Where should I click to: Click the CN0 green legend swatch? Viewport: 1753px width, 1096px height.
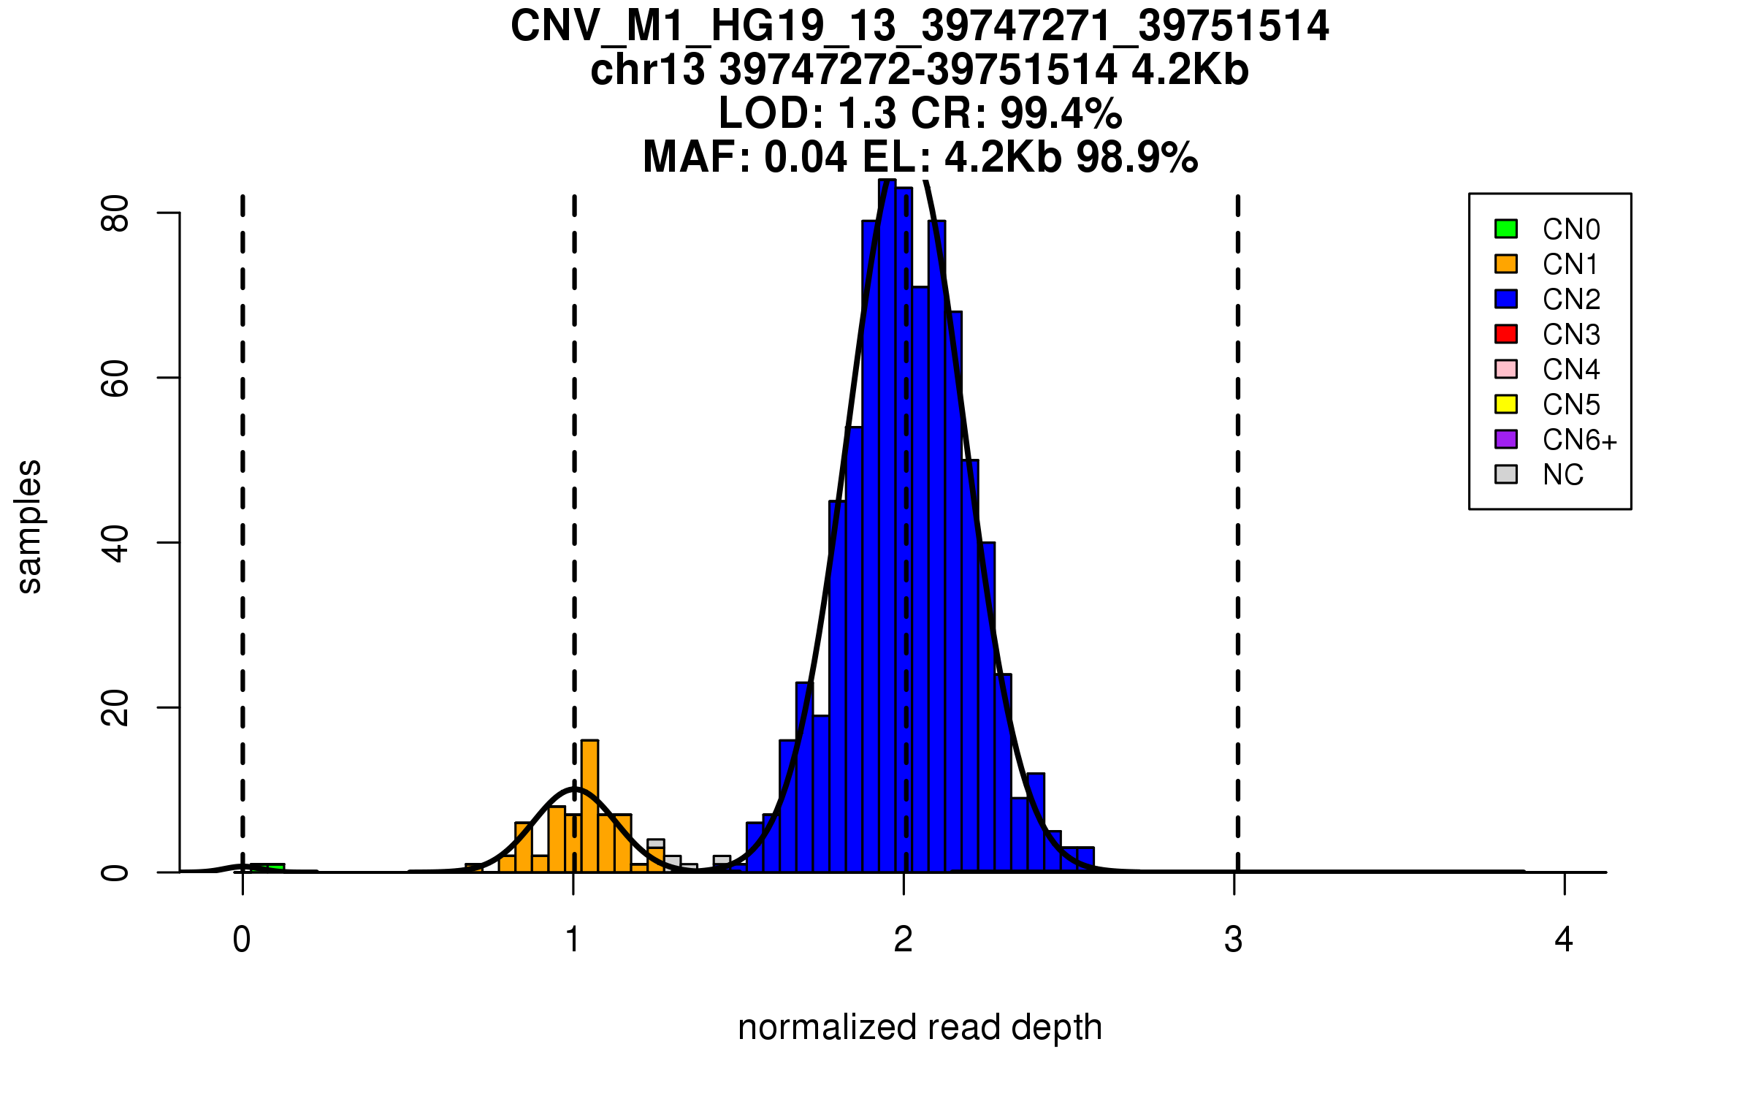tap(1505, 229)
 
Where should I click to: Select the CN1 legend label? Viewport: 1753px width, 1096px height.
tap(1570, 265)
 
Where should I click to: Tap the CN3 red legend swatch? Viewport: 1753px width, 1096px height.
tap(1505, 334)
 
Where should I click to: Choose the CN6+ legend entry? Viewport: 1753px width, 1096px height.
tap(1579, 440)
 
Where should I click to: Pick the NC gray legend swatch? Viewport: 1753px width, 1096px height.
tap(1505, 474)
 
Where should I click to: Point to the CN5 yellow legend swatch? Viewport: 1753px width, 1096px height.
tap(1505, 404)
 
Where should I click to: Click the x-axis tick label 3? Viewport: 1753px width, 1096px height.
tap(1234, 940)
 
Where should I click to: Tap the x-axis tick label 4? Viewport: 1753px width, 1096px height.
tap(1564, 940)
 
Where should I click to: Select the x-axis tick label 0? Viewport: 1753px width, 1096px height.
tap(242, 940)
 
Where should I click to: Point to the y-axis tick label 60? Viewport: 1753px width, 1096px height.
tap(115, 378)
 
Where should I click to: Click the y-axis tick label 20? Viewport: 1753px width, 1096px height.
tap(115, 707)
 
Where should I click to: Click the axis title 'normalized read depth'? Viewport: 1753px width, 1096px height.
tap(920, 1027)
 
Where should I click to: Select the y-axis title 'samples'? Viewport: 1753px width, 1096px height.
tap(29, 526)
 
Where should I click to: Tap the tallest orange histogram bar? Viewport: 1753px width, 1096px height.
tap(589, 804)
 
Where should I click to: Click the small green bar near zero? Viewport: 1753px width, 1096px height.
tap(268, 867)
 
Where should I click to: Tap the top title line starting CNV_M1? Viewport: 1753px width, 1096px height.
tap(920, 26)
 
